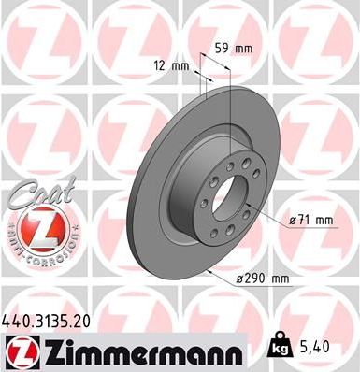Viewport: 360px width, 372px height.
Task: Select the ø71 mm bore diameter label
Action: [x=312, y=220]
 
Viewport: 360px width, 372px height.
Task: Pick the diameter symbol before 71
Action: [x=292, y=220]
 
